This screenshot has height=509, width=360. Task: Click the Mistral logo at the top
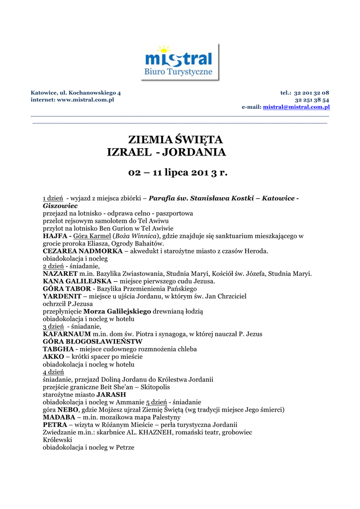click(179, 62)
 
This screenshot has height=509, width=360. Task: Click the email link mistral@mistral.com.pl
click(296, 107)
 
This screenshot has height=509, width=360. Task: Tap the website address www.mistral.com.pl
click(86, 100)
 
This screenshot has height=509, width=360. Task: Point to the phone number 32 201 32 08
click(311, 93)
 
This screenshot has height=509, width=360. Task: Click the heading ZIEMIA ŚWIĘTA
click(176, 139)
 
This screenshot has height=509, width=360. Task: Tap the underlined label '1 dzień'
click(53, 198)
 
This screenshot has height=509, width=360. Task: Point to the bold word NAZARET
click(60, 273)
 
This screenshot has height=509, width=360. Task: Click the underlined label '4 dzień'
click(53, 372)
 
